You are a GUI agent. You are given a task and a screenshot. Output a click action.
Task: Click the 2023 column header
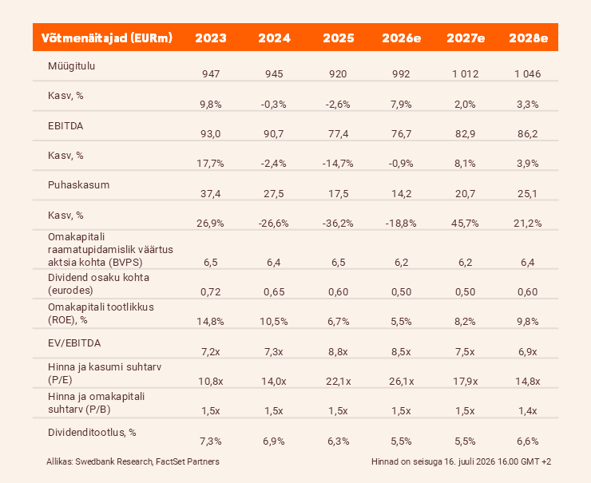coord(211,38)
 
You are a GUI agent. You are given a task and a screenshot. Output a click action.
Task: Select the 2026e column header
coord(402,38)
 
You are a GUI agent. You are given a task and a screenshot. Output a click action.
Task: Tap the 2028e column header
coord(528,38)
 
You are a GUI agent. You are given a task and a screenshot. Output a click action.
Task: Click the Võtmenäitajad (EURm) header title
coord(107,38)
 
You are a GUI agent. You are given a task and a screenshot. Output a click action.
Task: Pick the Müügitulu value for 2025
coord(338,73)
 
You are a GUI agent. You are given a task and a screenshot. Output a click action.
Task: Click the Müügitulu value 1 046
coord(528,73)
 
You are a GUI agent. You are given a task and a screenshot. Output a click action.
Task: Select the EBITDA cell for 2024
coord(274,134)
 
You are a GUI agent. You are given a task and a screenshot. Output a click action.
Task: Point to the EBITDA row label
coord(65,126)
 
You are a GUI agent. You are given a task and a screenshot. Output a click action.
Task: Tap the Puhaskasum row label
coord(79,185)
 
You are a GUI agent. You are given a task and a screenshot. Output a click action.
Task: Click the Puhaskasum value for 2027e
coord(465,194)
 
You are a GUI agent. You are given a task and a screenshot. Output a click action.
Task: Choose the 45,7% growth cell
coord(465,224)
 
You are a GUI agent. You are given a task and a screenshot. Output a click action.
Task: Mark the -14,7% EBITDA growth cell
coord(338,164)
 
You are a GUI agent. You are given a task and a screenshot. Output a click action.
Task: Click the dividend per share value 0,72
coord(211,292)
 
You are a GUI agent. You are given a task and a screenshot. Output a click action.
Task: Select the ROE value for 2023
coord(210,322)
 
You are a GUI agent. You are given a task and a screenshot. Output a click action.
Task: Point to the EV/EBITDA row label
coord(74,343)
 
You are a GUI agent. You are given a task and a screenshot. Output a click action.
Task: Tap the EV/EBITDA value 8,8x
coord(338,352)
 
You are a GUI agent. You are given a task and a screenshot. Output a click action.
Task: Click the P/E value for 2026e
coord(402,382)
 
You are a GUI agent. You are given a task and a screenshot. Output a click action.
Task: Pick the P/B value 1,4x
coord(528,411)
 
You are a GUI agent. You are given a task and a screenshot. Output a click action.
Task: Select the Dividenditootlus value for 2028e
coord(528,441)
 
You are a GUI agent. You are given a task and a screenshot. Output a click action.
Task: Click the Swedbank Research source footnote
coord(133,461)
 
